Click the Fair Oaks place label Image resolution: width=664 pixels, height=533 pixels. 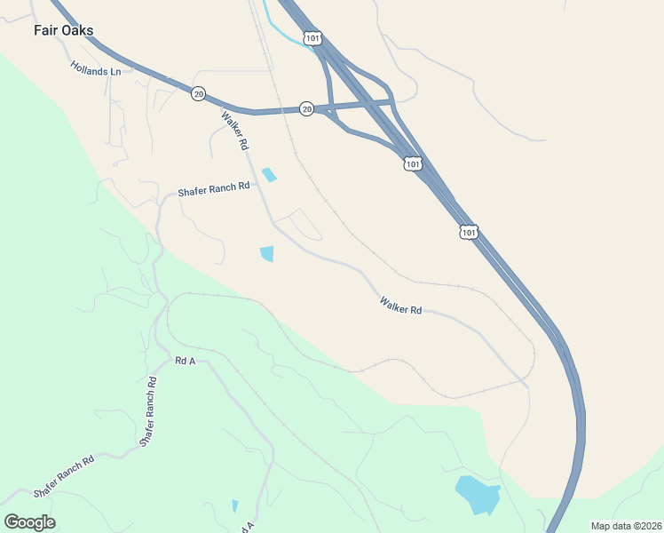(63, 30)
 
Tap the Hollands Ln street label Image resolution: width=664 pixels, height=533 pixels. (96, 68)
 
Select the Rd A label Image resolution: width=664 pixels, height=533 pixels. (185, 361)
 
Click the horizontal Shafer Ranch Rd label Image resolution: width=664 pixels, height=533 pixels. (214, 190)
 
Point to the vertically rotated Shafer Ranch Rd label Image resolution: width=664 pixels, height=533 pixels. (146, 411)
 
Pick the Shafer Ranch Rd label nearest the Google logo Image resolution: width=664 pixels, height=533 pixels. (63, 477)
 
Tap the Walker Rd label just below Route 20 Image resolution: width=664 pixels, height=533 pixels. (235, 130)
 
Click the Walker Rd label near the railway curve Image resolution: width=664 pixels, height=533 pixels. (400, 306)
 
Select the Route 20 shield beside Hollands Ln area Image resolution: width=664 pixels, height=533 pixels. (198, 93)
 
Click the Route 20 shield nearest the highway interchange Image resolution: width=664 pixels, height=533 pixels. (306, 108)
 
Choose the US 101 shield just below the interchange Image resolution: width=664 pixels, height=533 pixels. (413, 163)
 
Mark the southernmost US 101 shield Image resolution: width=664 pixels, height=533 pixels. (469, 232)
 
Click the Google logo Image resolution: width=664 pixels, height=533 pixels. (29, 521)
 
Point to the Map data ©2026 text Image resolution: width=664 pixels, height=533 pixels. (626, 526)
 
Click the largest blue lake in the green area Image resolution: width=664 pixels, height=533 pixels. (476, 495)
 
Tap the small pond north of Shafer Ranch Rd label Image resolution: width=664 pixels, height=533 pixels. (269, 175)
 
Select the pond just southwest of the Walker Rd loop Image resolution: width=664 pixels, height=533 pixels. (267, 254)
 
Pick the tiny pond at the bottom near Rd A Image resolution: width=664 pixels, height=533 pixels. (234, 505)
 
